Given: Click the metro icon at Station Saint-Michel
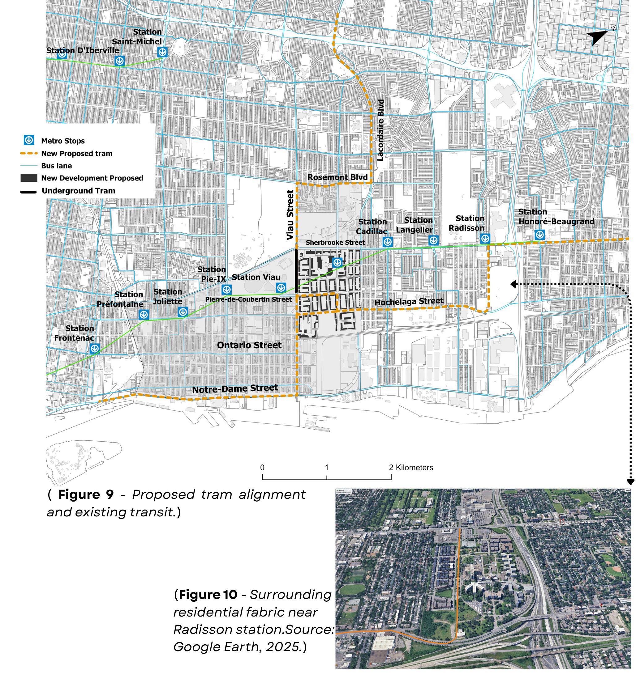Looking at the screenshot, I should (x=162, y=52).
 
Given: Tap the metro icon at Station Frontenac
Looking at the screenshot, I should (x=95, y=348).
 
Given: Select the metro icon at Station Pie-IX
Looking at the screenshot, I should (x=226, y=290).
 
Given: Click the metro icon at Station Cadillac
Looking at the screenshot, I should (x=388, y=242).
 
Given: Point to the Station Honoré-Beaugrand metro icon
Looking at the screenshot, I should (x=539, y=235).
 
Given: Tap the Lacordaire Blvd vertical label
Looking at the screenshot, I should (x=380, y=130).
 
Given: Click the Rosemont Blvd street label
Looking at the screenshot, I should (x=337, y=177).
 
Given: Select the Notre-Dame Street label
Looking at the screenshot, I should (x=235, y=388).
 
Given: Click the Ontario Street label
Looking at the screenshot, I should (x=249, y=345).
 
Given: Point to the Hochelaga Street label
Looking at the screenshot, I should (x=409, y=301).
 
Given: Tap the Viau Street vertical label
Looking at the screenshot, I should (x=290, y=214).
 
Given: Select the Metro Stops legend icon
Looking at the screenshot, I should (x=29, y=140).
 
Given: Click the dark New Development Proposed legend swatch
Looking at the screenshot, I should (x=29, y=178).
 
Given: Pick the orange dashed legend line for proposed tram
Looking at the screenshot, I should (x=29, y=153).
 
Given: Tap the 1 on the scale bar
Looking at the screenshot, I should (x=326, y=468).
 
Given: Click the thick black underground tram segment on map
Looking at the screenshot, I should (x=296, y=271).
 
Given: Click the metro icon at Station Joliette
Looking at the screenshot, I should (x=183, y=312).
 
